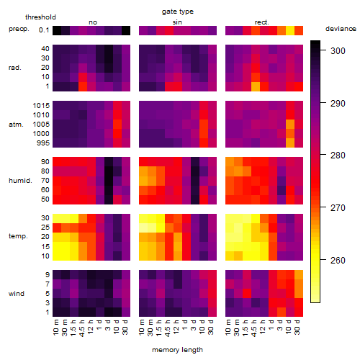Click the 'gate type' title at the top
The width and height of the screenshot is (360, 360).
178,12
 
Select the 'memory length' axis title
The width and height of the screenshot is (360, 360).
177,350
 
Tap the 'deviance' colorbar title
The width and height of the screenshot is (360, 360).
341,29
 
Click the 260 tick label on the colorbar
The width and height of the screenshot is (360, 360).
338,261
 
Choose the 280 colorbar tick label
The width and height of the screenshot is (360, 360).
338,156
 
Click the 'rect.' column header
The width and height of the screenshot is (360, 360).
261,22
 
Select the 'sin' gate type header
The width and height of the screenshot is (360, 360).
177,22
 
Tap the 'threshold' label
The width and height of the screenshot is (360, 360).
40,17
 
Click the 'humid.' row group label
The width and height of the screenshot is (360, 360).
20,181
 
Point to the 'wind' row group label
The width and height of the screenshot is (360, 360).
17,294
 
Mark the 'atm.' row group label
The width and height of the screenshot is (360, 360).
16,125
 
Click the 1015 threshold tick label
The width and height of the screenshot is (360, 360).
41,106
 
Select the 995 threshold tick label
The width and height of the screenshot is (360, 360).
43,143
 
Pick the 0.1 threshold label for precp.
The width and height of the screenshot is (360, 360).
44,30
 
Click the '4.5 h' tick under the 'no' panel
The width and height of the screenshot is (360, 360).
82,328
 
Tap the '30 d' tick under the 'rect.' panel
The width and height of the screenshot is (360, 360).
297,327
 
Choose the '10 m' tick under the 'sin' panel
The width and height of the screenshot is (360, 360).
142,327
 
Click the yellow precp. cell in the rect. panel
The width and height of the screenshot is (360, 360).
290,30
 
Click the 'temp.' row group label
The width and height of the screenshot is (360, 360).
18,236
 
